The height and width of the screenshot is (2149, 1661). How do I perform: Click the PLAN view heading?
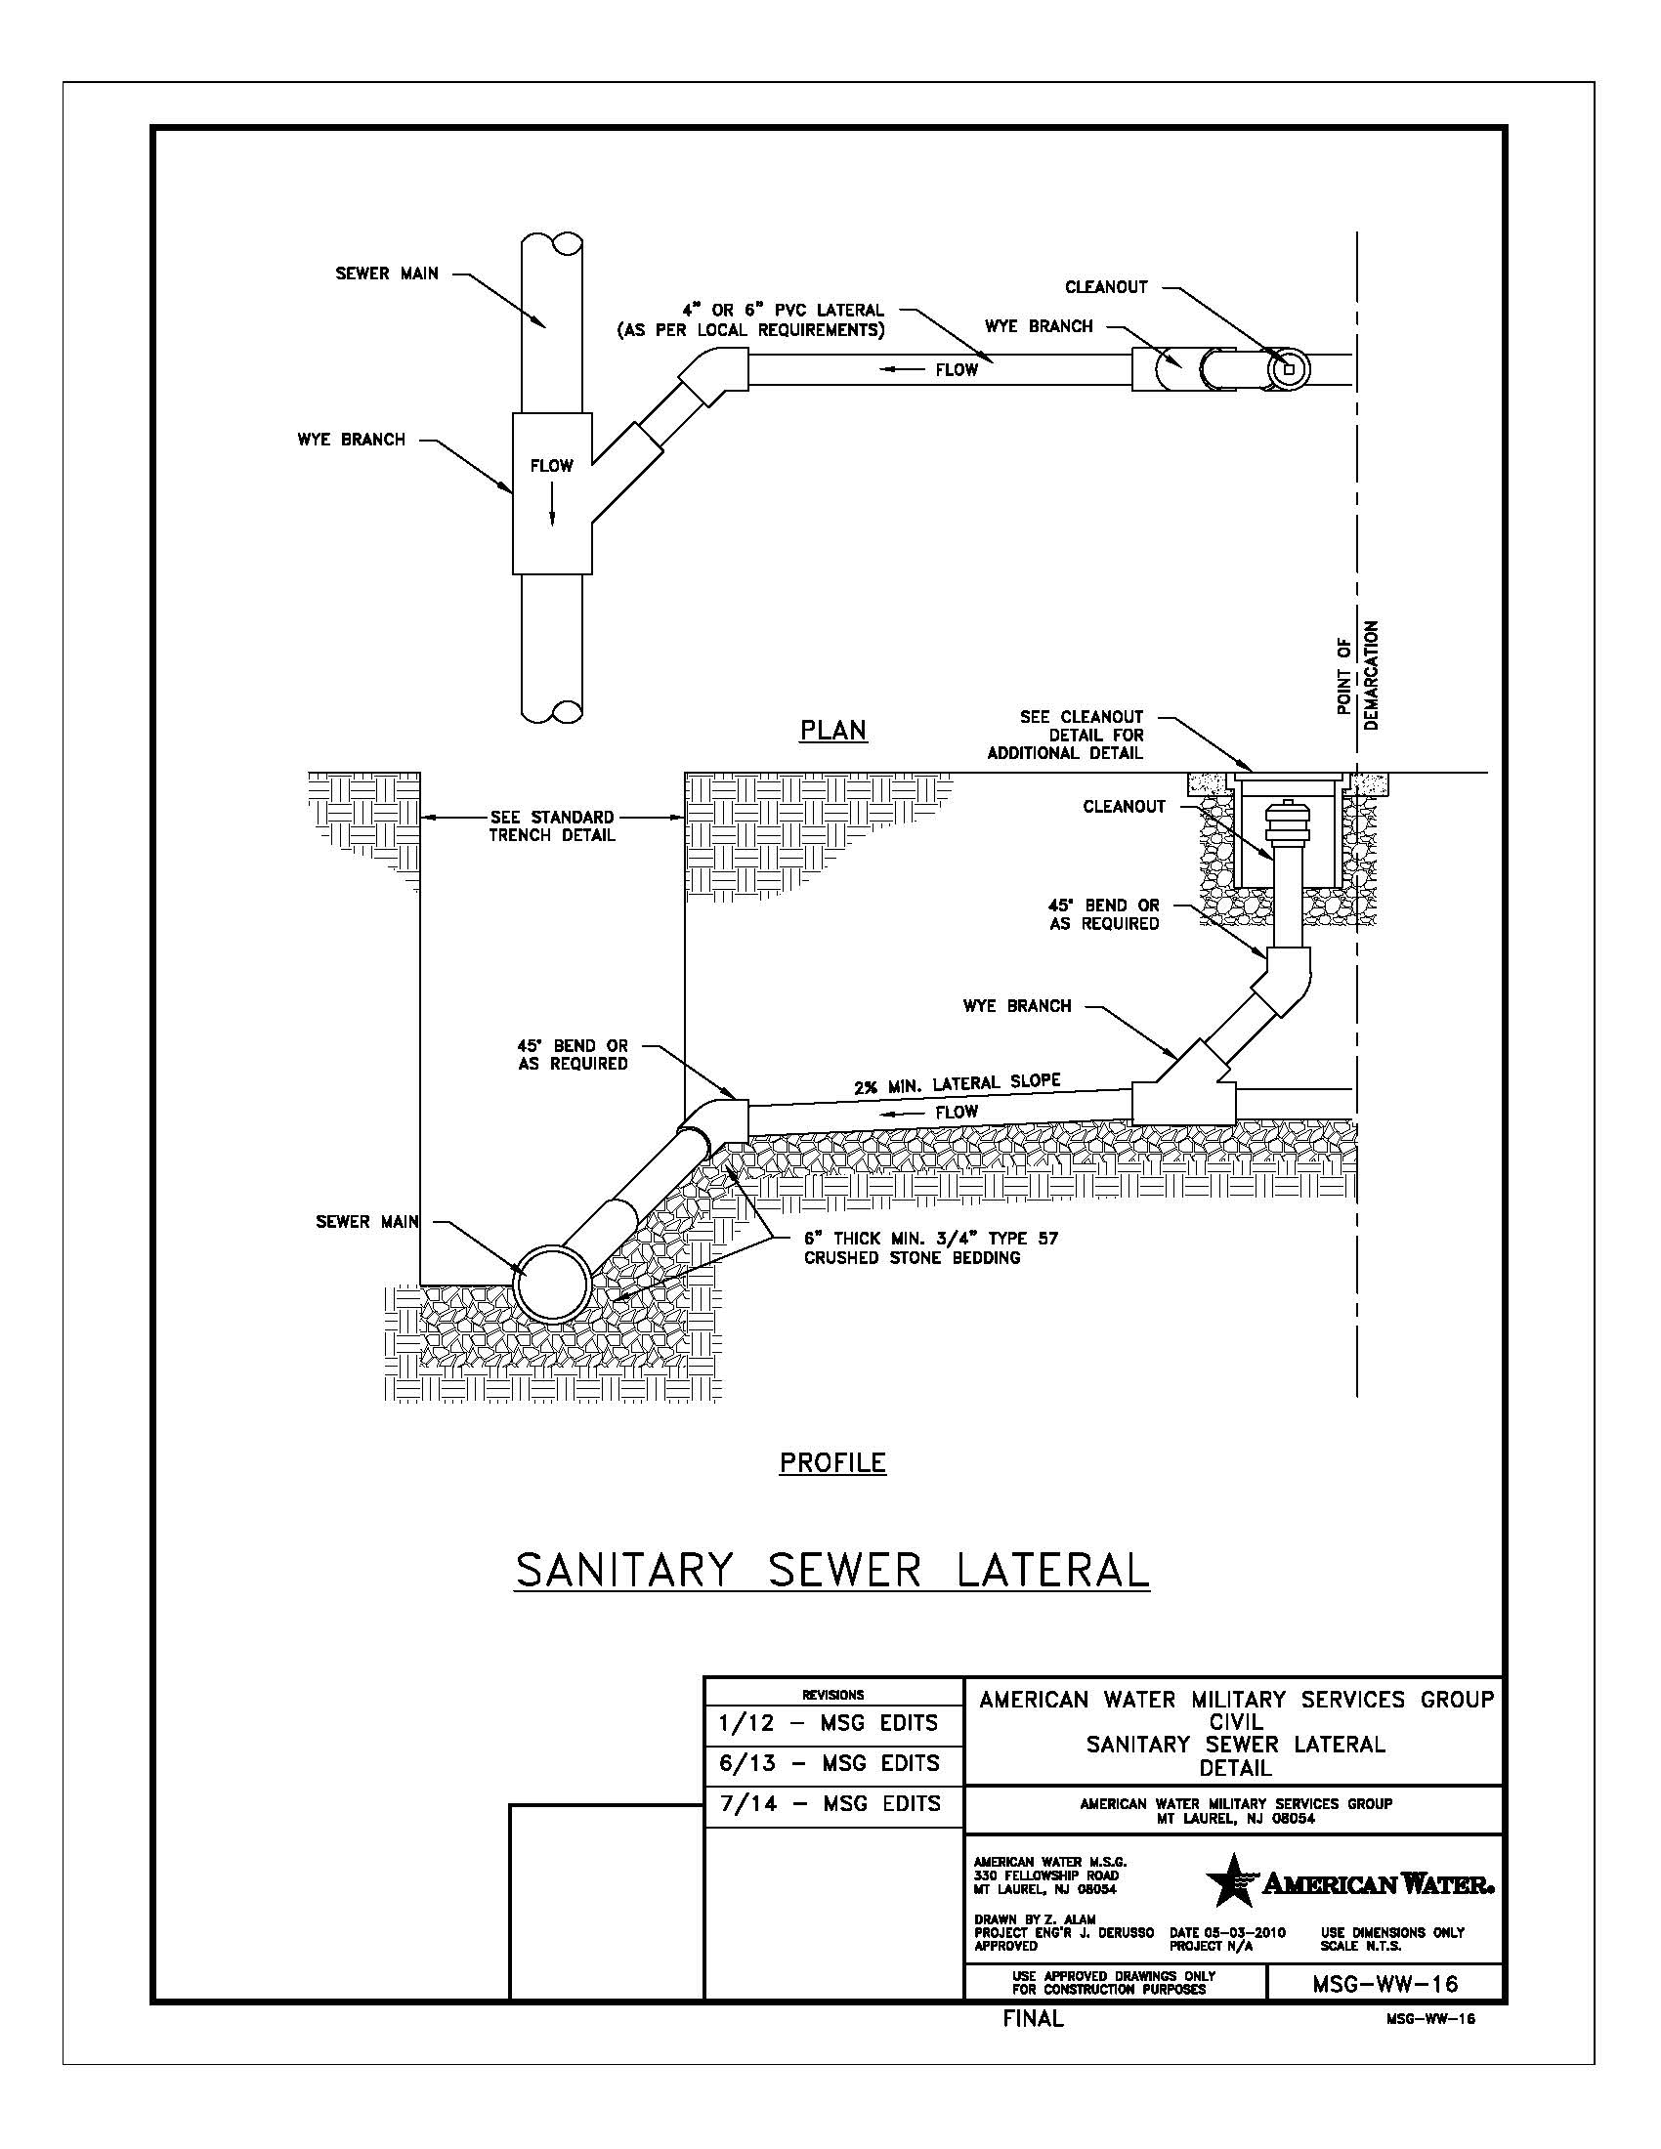(x=832, y=731)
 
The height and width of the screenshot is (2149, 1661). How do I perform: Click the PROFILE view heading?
(x=832, y=1463)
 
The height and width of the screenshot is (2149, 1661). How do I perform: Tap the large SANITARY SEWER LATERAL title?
(x=832, y=1571)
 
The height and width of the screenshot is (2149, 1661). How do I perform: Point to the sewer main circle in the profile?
(x=554, y=1285)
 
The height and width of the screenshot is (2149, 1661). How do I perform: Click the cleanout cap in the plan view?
(x=1289, y=369)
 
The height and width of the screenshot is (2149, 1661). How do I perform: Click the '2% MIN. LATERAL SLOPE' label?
(x=957, y=1083)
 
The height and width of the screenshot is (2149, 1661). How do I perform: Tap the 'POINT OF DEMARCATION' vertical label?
(x=1358, y=675)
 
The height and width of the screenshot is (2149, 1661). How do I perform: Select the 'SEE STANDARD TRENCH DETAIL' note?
(x=552, y=826)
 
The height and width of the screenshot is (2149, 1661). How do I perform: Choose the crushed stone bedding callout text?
(x=930, y=1247)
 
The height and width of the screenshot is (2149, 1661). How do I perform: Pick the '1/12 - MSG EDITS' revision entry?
(x=829, y=1723)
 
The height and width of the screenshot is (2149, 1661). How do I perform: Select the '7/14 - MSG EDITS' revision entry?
(x=829, y=1803)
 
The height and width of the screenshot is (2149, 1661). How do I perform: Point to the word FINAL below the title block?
(x=1033, y=2019)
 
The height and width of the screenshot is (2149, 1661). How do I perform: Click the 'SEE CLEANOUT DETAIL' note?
(x=1067, y=735)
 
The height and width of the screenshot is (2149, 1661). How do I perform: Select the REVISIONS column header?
(x=832, y=1695)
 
